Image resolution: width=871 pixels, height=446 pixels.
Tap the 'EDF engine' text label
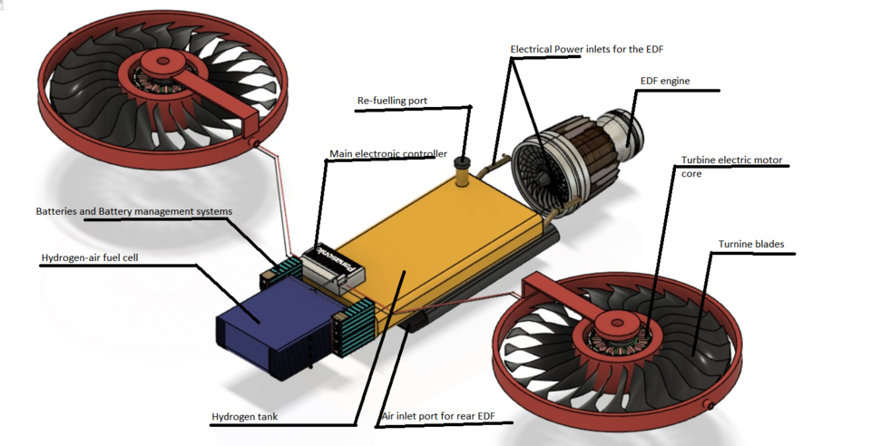(x=665, y=82)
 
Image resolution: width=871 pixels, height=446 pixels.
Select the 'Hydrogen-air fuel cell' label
(x=90, y=258)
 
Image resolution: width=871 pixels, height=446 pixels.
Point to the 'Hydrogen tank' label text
(x=244, y=417)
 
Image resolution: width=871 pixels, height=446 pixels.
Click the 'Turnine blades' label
(x=751, y=245)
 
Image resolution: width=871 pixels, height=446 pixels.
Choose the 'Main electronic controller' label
(x=387, y=154)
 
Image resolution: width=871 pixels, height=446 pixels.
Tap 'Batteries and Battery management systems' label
(x=133, y=211)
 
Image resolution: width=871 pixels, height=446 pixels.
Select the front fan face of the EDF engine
(x=541, y=171)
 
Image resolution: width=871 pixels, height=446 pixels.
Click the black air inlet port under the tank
(x=418, y=319)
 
